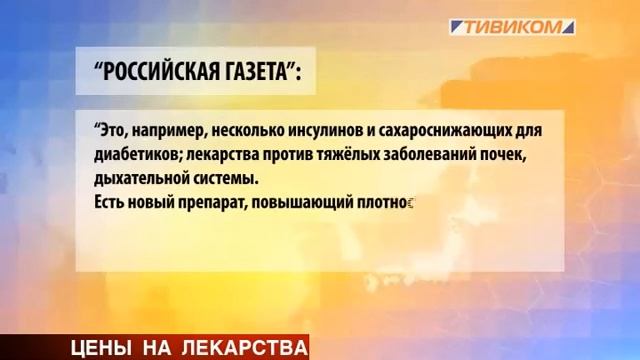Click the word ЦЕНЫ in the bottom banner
click(x=104, y=347)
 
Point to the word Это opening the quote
click(x=108, y=131)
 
